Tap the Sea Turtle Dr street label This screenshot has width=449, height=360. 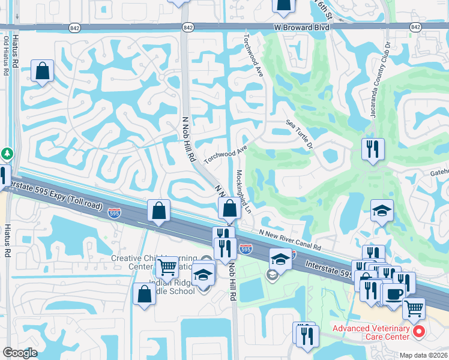point(300,134)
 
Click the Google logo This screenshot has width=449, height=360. point(19,353)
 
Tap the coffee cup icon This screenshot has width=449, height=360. point(394,295)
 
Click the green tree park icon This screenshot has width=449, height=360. point(6,154)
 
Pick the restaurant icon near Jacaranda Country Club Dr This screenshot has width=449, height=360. point(373,148)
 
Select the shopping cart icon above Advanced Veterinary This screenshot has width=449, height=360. point(414,308)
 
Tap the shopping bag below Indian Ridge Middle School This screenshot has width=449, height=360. point(144,294)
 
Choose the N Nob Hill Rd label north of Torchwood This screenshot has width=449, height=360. point(188,137)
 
